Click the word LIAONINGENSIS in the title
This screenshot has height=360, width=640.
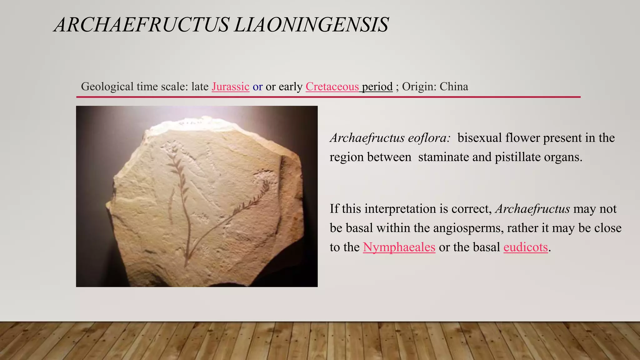[x=311, y=25]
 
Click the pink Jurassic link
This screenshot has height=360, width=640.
[x=230, y=87]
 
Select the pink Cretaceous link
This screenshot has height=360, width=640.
[x=332, y=87]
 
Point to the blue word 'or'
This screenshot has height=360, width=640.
[x=257, y=87]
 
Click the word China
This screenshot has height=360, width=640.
[x=454, y=87]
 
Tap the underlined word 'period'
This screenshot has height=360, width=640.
[x=377, y=87]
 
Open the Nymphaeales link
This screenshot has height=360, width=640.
[x=399, y=247]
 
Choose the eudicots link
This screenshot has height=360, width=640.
[x=526, y=247]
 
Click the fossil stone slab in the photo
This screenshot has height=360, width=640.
[x=203, y=200]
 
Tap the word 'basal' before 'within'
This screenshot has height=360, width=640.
[x=359, y=228]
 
